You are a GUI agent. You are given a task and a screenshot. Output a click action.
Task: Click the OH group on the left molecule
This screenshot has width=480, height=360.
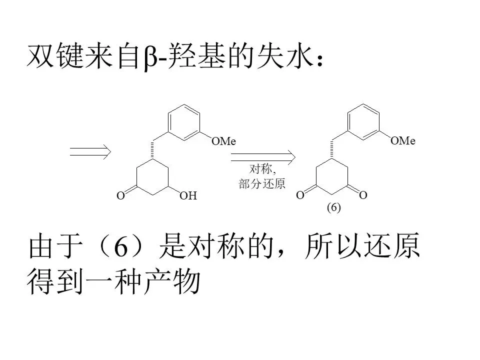coord(188,195)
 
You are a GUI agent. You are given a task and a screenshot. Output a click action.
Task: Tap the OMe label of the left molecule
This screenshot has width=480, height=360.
coord(224,141)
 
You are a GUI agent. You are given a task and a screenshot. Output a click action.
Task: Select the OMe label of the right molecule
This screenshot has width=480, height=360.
coord(403,140)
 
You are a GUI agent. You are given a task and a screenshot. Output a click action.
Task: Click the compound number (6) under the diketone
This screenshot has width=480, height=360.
coord(333,207)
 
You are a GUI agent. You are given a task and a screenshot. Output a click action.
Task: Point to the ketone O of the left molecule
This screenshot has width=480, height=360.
coord(120,195)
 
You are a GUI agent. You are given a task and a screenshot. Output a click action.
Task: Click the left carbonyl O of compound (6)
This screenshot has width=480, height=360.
coord(300,195)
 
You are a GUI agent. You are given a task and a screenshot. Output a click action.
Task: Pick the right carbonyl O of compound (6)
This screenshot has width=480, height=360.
coord(363,195)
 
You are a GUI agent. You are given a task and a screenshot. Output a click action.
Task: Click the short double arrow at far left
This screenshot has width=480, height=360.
coord(90,151)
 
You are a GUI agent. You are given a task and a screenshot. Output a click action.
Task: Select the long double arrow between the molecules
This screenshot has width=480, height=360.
coord(263,157)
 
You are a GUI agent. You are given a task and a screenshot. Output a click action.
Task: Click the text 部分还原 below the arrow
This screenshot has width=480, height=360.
coord(262,183)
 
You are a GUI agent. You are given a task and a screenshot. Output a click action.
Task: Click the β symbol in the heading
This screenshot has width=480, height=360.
coord(150,57)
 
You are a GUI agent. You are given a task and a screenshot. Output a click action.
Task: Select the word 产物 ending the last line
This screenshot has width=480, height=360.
coord(172,281)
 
